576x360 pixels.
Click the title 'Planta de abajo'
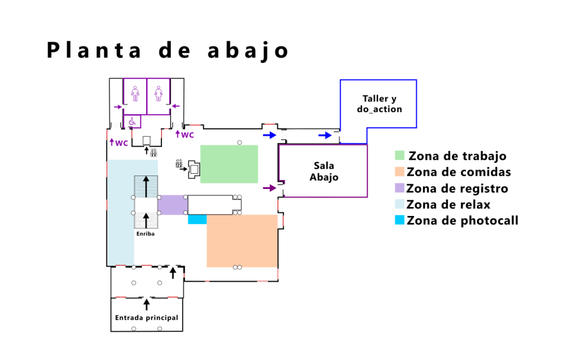pos(168,51)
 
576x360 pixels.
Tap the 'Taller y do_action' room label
pos(379,104)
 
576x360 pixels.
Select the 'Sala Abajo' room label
pos(323,171)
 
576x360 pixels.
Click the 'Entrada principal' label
pos(146,318)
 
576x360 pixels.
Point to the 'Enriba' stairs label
pos(145,233)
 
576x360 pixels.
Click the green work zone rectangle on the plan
pos(229,164)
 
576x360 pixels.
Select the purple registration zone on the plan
pos(172,205)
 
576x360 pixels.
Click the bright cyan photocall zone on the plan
pos(197,219)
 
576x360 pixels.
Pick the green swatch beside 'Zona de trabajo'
pos(399,155)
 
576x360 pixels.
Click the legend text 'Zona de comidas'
pos(458,172)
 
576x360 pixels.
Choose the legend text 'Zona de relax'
pos(448,204)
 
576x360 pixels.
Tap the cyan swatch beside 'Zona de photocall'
pos(399,220)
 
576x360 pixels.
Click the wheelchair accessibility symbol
pos(133,121)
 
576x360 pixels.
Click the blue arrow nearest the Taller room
pos(325,135)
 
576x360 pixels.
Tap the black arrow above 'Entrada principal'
pos(147,304)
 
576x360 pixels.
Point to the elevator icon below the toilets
pos(153,152)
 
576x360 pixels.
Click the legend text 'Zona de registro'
pos(457,188)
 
